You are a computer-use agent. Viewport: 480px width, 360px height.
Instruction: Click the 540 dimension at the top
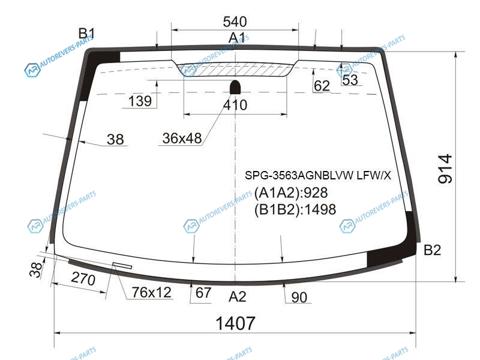pos(235,22)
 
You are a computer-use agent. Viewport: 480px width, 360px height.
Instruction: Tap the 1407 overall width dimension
pos(235,323)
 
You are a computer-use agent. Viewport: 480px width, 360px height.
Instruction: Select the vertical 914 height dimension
pos(445,169)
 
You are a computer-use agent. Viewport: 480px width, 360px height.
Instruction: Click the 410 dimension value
pos(235,105)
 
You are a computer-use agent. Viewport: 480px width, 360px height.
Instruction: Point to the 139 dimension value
pos(140,101)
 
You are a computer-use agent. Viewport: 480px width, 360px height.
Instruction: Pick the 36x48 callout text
pos(182,139)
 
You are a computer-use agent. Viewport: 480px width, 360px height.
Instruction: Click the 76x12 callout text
pos(152,292)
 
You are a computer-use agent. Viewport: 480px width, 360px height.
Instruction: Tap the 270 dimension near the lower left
pos(83,278)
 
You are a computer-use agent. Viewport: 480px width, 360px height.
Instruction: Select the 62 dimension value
pos(322,86)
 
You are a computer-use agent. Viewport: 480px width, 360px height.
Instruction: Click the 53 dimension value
pos(350,80)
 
